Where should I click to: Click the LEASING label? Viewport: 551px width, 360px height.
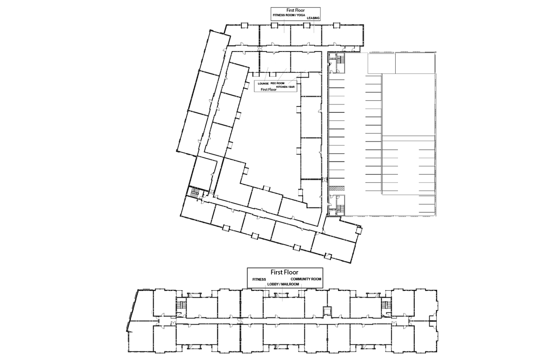tap(313, 18)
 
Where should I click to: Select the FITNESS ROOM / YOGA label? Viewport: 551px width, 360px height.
tap(289, 15)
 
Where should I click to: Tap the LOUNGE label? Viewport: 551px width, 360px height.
tap(263, 83)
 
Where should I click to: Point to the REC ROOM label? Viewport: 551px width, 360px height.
tap(277, 83)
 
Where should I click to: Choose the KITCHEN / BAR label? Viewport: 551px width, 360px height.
tap(285, 87)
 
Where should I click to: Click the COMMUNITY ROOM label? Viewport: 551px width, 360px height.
tap(306, 279)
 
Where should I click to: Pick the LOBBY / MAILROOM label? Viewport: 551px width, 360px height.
tap(283, 284)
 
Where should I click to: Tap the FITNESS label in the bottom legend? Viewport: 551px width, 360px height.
tap(259, 279)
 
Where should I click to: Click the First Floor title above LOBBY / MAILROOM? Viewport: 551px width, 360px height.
tap(284, 272)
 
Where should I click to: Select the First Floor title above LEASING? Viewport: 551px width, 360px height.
tap(295, 10)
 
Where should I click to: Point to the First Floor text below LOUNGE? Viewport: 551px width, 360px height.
tap(268, 89)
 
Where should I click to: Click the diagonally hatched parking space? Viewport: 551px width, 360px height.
tap(336, 188)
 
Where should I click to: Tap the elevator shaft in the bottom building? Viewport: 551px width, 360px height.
tap(327, 311)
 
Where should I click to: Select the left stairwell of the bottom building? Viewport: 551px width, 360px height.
tap(181, 305)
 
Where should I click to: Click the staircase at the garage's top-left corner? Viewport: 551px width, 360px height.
tap(340, 59)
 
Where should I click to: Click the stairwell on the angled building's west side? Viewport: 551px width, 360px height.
tap(195, 192)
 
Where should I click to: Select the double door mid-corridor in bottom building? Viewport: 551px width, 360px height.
tap(240, 321)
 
